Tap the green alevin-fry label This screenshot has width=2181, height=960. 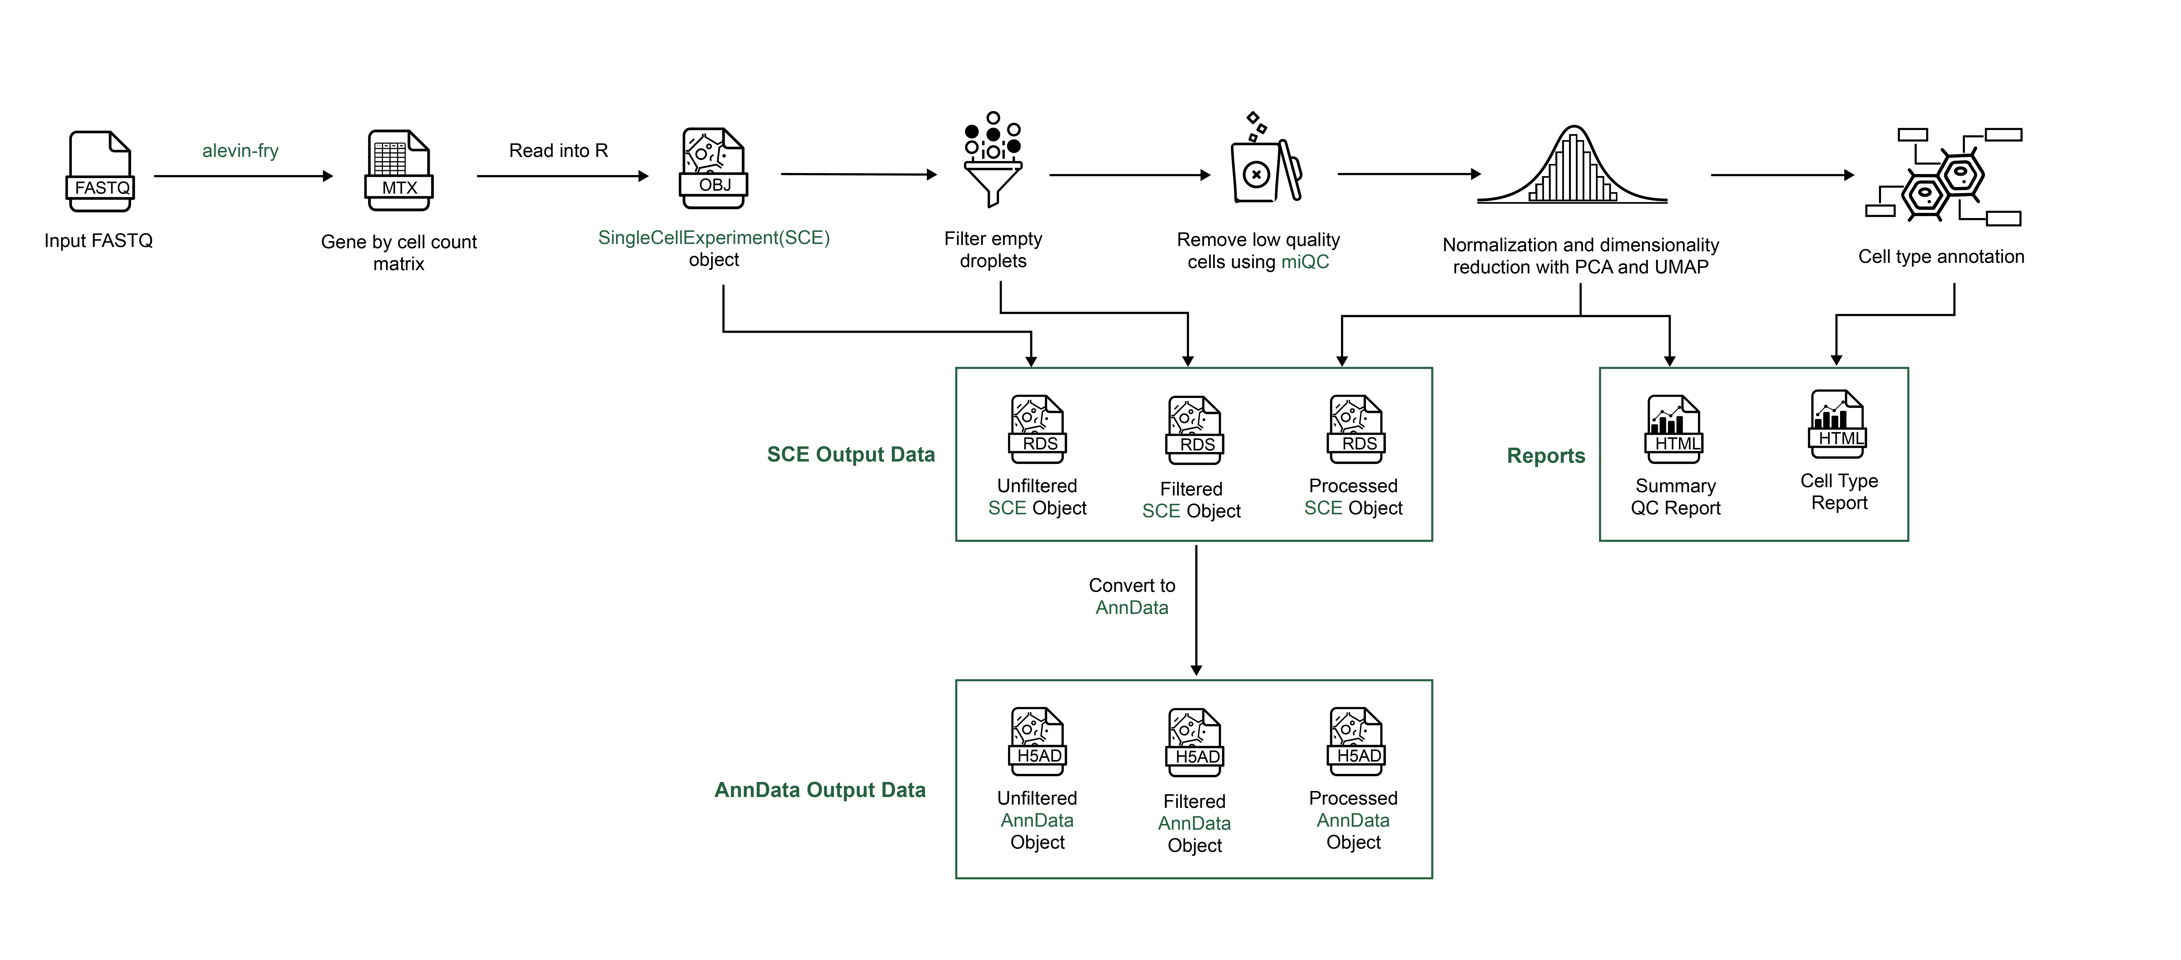(x=241, y=151)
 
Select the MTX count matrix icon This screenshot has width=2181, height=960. (x=399, y=170)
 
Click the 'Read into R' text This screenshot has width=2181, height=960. (x=558, y=151)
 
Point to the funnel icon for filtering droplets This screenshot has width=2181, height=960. (x=993, y=161)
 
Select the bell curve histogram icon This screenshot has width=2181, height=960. (x=1572, y=167)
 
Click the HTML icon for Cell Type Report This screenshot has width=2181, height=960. (x=1837, y=424)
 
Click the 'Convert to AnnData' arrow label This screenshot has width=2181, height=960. (x=1132, y=596)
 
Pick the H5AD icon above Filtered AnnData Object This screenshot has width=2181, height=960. (x=1195, y=742)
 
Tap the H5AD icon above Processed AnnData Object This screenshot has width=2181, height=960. (x=1356, y=742)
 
